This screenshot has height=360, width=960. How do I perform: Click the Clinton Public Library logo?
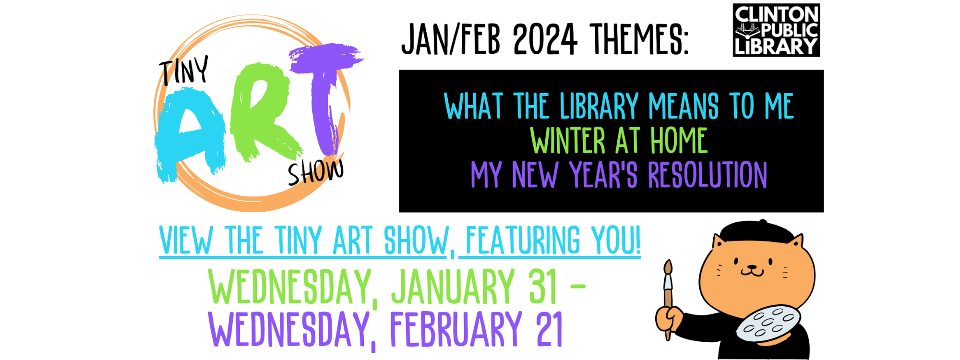click(776, 30)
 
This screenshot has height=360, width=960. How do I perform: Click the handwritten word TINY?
click(184, 71)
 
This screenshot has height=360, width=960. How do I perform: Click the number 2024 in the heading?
click(545, 39)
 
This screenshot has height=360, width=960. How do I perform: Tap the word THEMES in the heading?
click(639, 39)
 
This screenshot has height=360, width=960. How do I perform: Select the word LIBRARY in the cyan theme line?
click(599, 106)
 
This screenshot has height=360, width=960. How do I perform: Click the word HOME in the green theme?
click(679, 141)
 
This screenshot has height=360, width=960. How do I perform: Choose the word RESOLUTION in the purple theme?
click(707, 175)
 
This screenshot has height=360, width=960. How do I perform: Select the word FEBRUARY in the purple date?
click(456, 329)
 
